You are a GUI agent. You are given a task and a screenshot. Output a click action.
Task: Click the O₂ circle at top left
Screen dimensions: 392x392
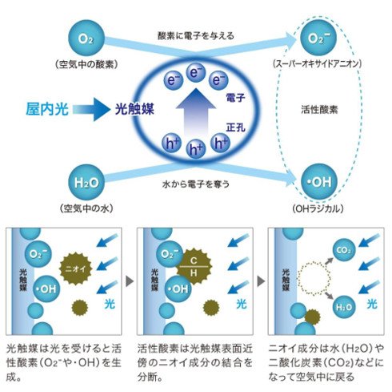[86, 38]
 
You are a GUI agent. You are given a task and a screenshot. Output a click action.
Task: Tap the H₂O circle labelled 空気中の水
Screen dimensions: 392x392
[86, 183]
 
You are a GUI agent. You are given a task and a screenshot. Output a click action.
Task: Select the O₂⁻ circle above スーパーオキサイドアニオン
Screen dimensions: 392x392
[318, 38]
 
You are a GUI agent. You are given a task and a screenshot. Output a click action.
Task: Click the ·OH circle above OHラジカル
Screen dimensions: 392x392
[318, 182]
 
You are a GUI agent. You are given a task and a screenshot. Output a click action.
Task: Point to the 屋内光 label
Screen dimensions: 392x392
[47, 109]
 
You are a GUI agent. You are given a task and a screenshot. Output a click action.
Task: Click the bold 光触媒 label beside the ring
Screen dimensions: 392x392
[134, 109]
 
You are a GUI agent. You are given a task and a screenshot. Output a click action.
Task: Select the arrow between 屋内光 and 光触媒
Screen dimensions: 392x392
[91, 109]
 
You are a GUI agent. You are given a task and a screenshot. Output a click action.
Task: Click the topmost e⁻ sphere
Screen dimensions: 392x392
[196, 72]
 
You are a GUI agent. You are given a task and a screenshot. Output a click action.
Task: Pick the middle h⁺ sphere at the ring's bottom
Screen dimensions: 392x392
[196, 149]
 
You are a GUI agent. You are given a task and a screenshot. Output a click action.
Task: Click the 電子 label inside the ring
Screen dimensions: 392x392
[235, 98]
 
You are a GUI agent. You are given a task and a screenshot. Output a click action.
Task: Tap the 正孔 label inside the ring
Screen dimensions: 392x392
[235, 127]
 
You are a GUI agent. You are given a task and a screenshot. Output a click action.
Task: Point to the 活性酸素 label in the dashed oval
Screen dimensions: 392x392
[319, 109]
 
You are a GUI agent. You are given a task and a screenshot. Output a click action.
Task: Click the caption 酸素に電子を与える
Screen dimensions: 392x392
[196, 35]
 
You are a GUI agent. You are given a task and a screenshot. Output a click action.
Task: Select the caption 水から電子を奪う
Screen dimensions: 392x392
[196, 184]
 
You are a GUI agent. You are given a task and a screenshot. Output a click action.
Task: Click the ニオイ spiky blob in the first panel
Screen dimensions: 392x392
[76, 269]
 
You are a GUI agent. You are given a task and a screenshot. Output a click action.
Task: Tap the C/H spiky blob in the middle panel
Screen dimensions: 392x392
[194, 267]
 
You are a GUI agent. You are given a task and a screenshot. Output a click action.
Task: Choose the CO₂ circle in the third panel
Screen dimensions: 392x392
[344, 250]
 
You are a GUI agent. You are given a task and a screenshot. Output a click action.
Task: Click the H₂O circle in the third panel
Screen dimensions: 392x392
[344, 307]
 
